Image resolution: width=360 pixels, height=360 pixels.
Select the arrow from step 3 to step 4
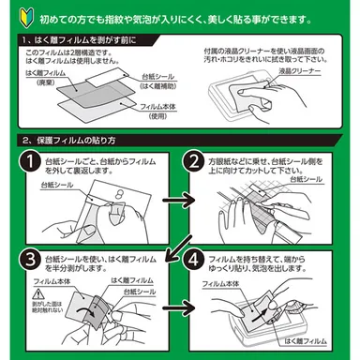172,305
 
